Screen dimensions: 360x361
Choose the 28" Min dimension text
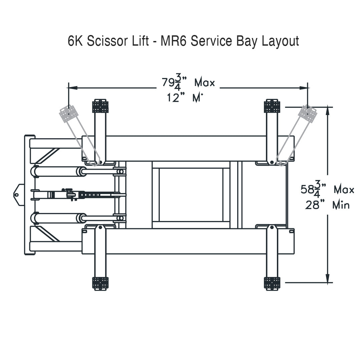(327, 205)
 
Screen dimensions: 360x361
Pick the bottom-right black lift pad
(272, 283)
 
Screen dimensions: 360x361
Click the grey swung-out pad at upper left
(69, 114)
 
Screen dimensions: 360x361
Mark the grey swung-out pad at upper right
(307, 114)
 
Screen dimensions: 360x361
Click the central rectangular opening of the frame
(191, 195)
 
